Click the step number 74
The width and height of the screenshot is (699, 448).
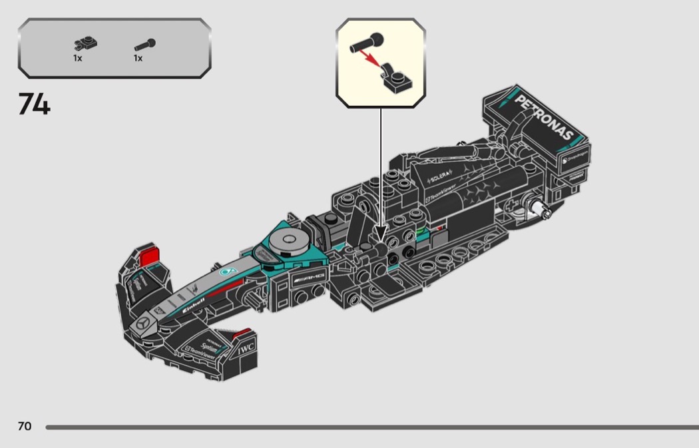click(x=34, y=104)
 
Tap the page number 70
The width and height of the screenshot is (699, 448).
click(x=25, y=426)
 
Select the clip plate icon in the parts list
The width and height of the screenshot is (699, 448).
click(x=86, y=45)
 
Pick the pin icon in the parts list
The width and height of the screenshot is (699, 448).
click(x=144, y=45)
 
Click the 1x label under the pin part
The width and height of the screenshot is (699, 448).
click(x=138, y=59)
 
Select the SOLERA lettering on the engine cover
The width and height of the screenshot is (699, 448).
click(x=440, y=178)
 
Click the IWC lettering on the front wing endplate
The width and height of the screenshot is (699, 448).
click(x=246, y=347)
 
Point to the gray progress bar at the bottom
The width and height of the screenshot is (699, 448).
click(x=372, y=427)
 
